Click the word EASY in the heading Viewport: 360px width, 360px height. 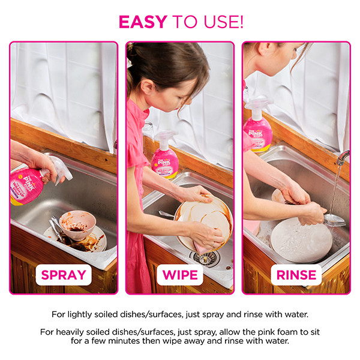[x=143, y=22]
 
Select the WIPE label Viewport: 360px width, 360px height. [x=180, y=276]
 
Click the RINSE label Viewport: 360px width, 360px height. [x=296, y=276]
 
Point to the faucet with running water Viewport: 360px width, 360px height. [x=342, y=158]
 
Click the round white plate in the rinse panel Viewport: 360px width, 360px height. [x=301, y=241]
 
